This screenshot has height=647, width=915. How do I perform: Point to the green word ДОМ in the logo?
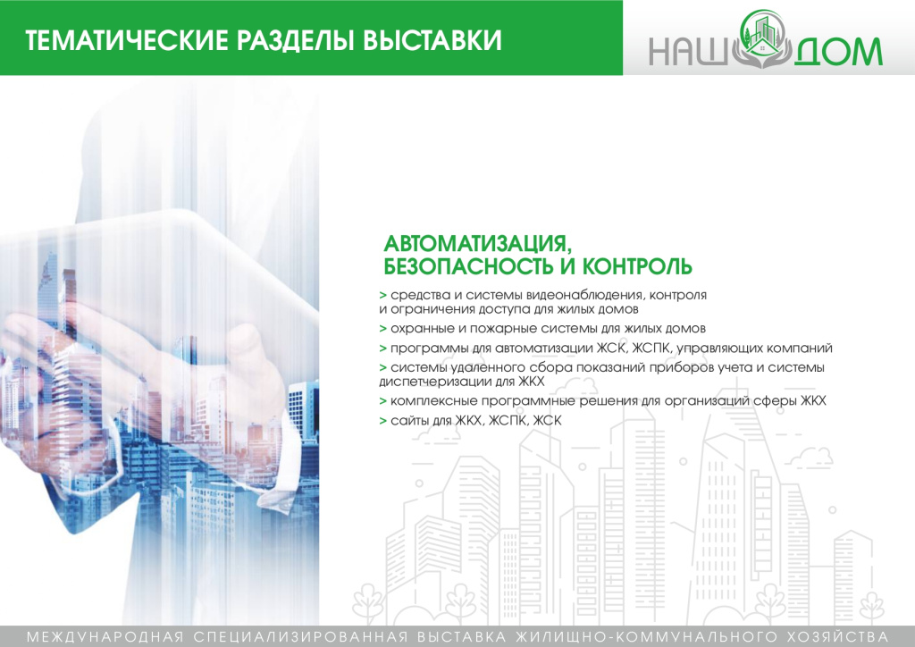click(x=837, y=53)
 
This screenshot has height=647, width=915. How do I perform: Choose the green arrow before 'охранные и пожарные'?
click(x=382, y=328)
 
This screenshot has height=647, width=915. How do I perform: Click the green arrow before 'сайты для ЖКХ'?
click(x=382, y=420)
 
